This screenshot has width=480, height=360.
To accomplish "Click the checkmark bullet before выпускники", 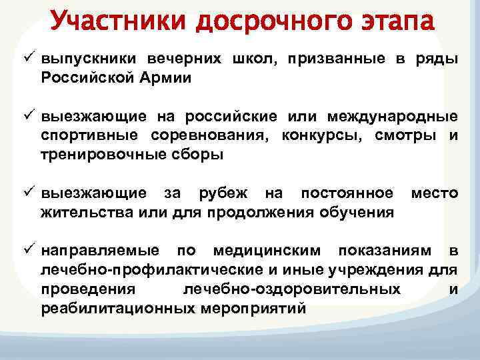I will pos(30,58).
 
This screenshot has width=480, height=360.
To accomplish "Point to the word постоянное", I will pos(347,193).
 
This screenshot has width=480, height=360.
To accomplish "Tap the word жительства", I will pos(83,213).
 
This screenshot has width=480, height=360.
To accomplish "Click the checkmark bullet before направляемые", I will pos(30,251).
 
